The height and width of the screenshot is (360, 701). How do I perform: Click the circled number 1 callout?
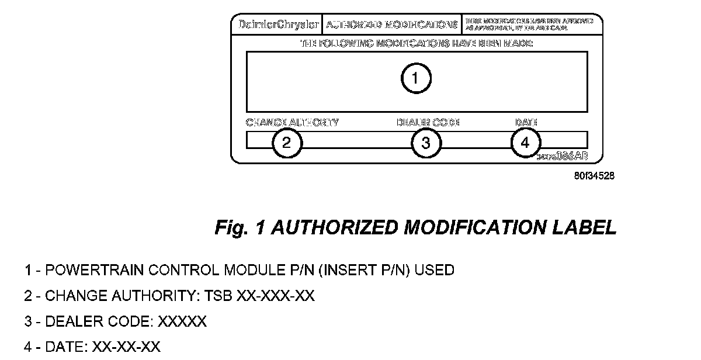point(415,78)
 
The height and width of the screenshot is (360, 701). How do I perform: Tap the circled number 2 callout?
point(287,143)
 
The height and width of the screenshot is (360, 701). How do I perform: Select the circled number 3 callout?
point(426,143)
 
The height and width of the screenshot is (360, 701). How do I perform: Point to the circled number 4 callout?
point(526,143)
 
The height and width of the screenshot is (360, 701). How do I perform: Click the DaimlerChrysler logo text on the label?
point(279,25)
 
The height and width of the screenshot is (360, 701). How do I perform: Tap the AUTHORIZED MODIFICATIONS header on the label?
point(391,25)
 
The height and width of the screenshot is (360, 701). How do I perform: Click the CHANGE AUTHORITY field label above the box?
point(292,123)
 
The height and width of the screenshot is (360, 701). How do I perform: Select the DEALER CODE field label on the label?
point(428,123)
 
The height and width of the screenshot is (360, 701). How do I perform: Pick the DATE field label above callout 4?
point(526,123)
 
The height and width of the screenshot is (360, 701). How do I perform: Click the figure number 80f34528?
point(594,175)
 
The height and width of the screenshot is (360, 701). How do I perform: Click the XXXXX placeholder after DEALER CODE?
point(182,322)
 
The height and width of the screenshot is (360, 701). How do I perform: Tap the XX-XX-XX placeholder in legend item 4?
point(126,347)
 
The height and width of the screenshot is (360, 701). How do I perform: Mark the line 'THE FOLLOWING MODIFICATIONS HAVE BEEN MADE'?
point(417,43)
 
